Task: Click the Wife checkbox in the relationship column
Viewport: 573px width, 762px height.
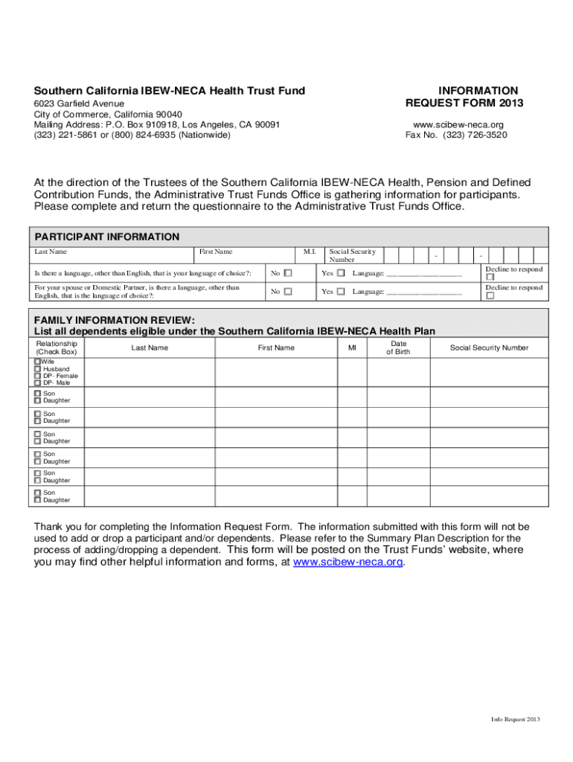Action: (37, 362)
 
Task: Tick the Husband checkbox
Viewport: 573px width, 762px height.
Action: (37, 369)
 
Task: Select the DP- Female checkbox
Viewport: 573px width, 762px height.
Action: (37, 377)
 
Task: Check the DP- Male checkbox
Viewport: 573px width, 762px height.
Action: (37, 383)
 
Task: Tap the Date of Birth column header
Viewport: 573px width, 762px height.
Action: (398, 348)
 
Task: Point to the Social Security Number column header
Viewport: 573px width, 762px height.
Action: (489, 348)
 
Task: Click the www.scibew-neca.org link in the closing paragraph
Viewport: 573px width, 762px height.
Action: (348, 563)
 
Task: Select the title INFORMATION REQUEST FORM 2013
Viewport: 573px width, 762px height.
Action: (464, 97)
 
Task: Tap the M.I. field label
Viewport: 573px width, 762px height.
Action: (310, 252)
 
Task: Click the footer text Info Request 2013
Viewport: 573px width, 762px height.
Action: (515, 719)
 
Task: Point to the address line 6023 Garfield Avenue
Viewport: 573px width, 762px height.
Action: (79, 103)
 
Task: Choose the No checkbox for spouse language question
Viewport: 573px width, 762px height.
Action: (288, 292)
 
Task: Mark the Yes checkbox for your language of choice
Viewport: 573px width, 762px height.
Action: (341, 273)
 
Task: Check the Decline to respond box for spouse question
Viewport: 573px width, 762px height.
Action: (490, 296)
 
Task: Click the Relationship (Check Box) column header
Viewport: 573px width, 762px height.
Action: (57, 348)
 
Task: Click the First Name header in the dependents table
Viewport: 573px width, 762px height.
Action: (276, 348)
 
